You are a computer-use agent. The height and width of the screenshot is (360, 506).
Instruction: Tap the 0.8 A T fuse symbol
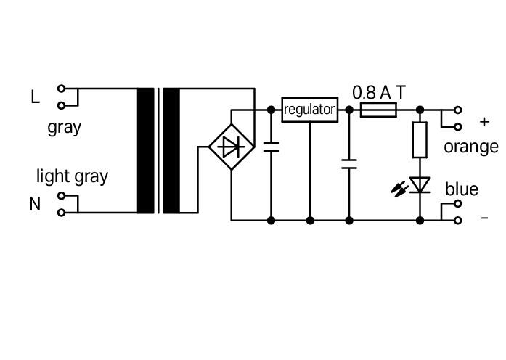[378, 110]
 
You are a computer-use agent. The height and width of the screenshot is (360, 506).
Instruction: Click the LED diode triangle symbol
[420, 185]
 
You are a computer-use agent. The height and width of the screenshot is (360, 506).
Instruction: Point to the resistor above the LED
[420, 140]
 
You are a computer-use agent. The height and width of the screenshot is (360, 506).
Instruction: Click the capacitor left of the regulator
[271, 147]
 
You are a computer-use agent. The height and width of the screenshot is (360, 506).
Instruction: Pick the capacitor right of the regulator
[349, 164]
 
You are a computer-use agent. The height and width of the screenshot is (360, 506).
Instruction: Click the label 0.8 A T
[379, 93]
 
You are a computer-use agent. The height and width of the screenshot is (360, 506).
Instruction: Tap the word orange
[471, 147]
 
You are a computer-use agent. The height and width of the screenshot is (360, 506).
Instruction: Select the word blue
[462, 189]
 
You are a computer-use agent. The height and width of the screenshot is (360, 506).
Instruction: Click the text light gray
[73, 177]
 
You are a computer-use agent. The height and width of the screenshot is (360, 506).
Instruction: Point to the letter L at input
[35, 97]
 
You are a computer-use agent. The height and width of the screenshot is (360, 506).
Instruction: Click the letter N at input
[35, 204]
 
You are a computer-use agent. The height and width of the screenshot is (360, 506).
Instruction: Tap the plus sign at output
[484, 122]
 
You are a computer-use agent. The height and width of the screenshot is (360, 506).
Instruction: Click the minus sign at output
[485, 218]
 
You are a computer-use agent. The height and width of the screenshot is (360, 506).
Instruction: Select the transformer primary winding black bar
[145, 151]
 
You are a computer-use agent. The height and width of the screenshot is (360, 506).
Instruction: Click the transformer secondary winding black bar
[171, 151]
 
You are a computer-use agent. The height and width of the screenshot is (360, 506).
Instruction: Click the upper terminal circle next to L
[61, 88]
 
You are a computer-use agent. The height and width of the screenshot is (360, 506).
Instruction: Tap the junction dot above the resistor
[420, 110]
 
